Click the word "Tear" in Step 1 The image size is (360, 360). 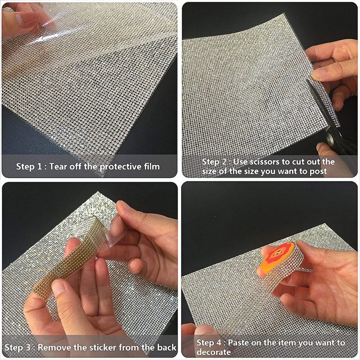[x=58, y=166]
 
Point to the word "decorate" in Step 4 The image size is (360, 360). [x=214, y=352]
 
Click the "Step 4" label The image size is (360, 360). [x=209, y=343]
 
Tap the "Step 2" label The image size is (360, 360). [x=215, y=162]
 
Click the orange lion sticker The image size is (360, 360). [x=277, y=257]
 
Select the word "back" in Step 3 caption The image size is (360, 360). [x=166, y=347]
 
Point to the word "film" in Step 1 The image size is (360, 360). [x=152, y=166]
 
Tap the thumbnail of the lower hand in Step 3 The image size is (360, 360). [x=58, y=288]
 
